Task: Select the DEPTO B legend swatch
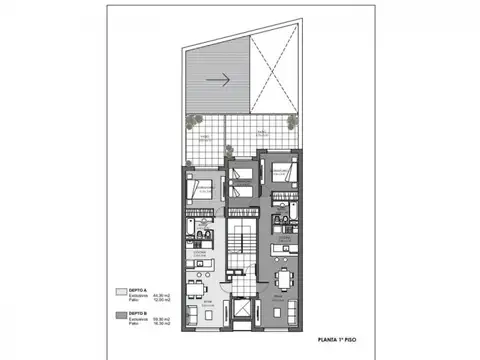click(x=123, y=316)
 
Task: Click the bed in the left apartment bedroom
click(x=200, y=194)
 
